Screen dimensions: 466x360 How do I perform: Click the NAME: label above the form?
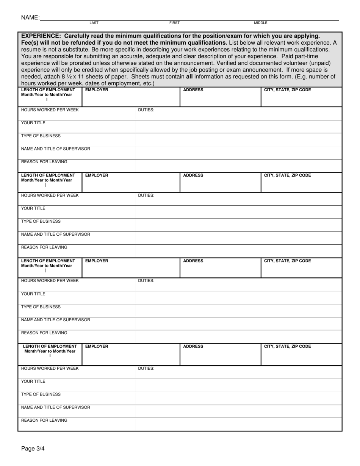(x=30, y=17)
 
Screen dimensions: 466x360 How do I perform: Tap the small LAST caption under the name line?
(x=94, y=23)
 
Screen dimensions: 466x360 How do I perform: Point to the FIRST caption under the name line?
(x=174, y=23)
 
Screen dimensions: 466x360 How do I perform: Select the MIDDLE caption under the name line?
(x=260, y=23)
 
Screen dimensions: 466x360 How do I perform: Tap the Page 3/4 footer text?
(x=33, y=449)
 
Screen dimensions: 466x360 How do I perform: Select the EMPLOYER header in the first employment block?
(x=97, y=90)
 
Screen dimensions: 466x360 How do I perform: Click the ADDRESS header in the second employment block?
(x=193, y=176)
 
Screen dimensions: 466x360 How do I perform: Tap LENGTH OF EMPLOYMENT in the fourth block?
(x=50, y=347)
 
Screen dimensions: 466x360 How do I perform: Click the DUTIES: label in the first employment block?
(x=146, y=110)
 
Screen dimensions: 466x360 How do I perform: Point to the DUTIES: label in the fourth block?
(x=146, y=368)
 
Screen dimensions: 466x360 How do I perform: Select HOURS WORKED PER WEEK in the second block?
(x=50, y=195)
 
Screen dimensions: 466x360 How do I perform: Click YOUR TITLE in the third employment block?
(x=33, y=294)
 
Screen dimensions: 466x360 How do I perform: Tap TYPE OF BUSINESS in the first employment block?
(x=41, y=136)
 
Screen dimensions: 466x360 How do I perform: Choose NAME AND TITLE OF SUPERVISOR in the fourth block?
(x=55, y=408)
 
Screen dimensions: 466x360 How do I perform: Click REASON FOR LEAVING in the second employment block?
(x=44, y=247)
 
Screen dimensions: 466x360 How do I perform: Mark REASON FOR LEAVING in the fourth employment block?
(x=44, y=421)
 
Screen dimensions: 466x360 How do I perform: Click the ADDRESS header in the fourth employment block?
(x=193, y=347)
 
